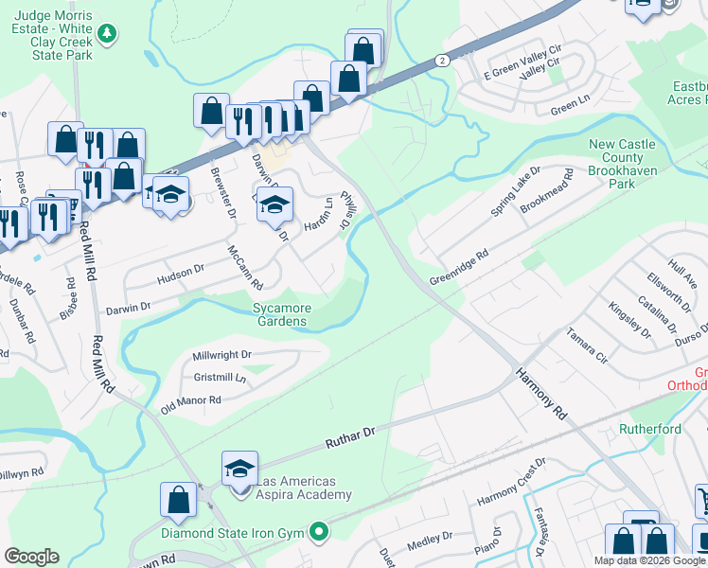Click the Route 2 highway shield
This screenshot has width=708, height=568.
click(x=441, y=60)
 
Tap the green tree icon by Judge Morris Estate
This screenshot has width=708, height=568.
click(x=109, y=34)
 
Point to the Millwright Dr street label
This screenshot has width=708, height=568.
click(x=221, y=355)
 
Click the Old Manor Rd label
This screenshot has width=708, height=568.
click(x=190, y=401)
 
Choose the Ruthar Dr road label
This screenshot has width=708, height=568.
click(x=350, y=436)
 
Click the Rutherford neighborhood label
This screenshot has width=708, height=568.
click(x=650, y=429)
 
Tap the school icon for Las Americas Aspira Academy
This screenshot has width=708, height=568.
click(x=239, y=469)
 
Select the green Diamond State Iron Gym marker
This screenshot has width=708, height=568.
click(x=319, y=533)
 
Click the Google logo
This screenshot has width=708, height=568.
click(x=31, y=557)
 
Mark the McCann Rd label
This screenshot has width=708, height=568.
click(x=244, y=267)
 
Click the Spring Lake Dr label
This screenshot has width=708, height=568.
click(x=515, y=193)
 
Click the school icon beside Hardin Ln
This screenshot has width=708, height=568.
click(x=274, y=204)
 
